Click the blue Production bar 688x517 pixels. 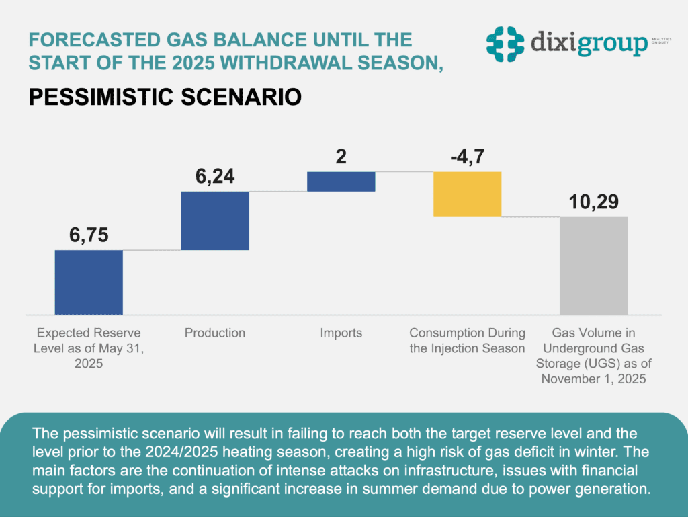click(x=215, y=221)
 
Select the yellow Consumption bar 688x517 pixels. click(x=468, y=194)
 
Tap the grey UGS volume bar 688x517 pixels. click(x=593, y=266)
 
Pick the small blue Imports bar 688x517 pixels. click(x=341, y=182)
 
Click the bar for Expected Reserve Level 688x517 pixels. click(x=89, y=282)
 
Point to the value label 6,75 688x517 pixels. click(x=89, y=235)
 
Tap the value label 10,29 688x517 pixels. click(x=593, y=202)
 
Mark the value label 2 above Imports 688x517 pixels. click(x=341, y=157)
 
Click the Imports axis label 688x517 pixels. click(x=341, y=333)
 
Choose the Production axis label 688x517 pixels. click(x=215, y=333)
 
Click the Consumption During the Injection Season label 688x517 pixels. click(x=468, y=340)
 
